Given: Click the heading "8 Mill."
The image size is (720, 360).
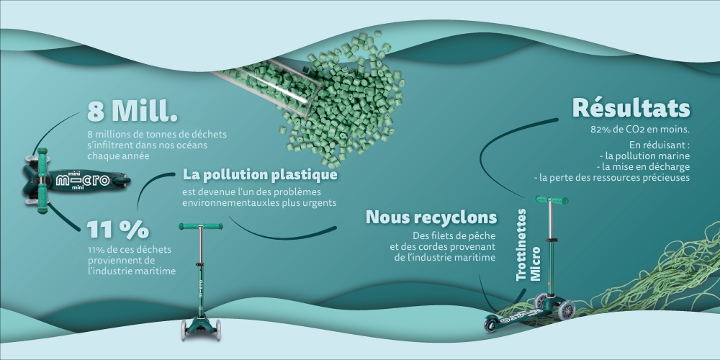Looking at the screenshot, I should [x=132, y=112].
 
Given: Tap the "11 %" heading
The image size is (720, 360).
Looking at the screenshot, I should [x=118, y=229].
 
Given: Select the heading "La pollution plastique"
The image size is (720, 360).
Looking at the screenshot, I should [x=260, y=175].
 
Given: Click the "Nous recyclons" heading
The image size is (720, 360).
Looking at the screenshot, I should [x=431, y=217].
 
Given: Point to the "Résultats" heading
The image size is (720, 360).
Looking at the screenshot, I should [x=631, y=109].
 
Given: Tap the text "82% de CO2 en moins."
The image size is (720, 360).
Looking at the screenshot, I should [x=640, y=130].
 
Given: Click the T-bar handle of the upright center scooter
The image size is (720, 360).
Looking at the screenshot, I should [x=200, y=228].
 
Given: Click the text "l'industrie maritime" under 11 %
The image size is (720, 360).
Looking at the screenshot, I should [x=131, y=270].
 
